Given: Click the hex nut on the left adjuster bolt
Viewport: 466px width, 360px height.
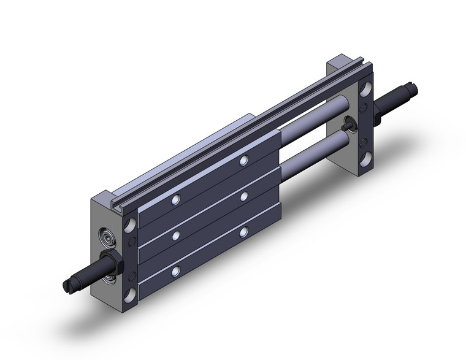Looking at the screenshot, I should (116, 263).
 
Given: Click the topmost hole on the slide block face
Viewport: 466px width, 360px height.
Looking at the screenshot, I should (244, 161).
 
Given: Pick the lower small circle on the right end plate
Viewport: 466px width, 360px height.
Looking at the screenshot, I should (363, 142).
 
